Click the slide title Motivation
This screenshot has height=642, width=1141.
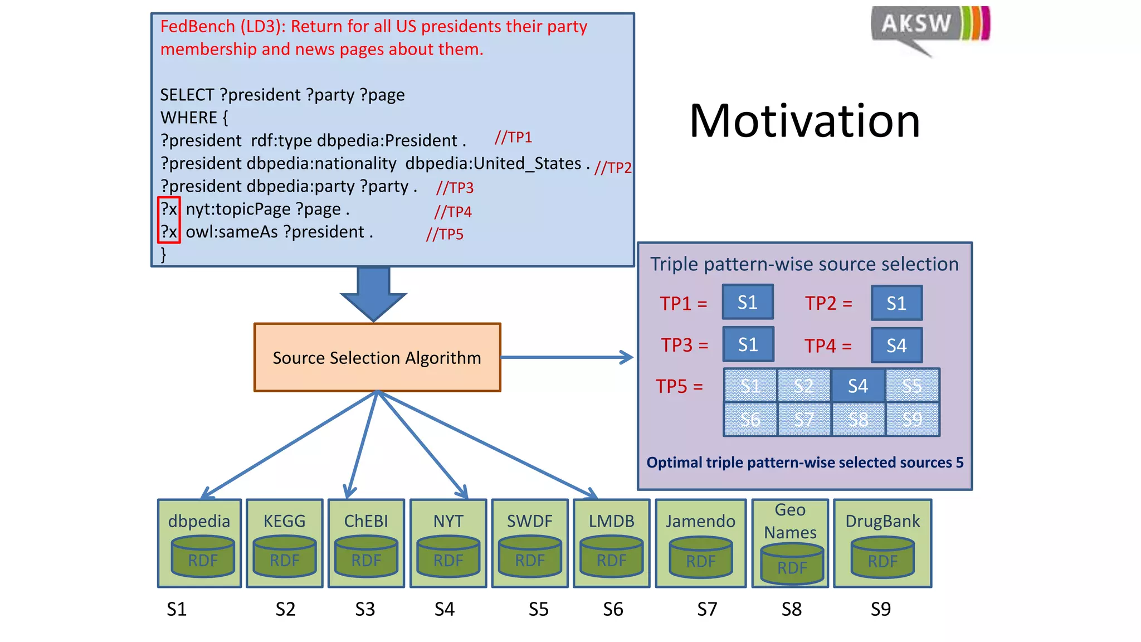804,121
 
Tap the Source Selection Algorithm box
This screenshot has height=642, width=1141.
377,357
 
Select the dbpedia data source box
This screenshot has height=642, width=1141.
199,543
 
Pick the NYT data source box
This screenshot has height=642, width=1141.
448,543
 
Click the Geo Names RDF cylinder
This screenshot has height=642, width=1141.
792,565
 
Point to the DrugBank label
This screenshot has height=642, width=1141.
882,521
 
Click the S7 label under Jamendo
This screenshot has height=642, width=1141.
707,609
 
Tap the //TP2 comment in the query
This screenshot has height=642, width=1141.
613,167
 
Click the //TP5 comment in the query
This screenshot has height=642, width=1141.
445,234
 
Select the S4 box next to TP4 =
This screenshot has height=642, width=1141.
896,346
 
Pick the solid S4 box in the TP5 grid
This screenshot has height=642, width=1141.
858,386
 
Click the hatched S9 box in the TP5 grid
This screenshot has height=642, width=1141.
912,419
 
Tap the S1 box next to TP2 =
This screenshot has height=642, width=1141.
896,303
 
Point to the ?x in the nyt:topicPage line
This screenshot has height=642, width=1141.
169,210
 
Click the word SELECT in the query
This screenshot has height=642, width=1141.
187,95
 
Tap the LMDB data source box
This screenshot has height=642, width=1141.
611,543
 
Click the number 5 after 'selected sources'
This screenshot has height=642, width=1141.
959,463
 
